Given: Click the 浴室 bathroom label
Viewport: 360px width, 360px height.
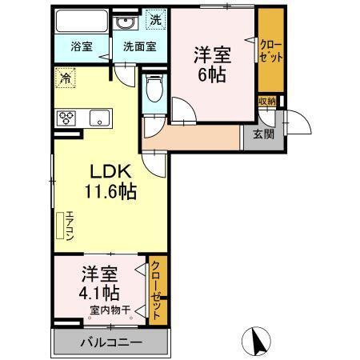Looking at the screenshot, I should [x=81, y=46].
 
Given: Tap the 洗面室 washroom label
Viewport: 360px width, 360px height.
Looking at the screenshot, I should [x=139, y=46].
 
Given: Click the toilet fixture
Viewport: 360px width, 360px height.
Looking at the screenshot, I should [x=154, y=90].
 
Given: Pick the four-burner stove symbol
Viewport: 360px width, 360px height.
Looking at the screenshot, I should [x=66, y=117].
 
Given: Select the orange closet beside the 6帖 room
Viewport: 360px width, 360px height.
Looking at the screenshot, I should [x=270, y=53].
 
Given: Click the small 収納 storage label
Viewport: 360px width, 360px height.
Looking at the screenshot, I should [x=266, y=101].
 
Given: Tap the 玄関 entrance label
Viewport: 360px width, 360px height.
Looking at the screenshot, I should [x=263, y=134].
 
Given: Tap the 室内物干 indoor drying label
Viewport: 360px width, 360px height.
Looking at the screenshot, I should [x=110, y=309].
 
